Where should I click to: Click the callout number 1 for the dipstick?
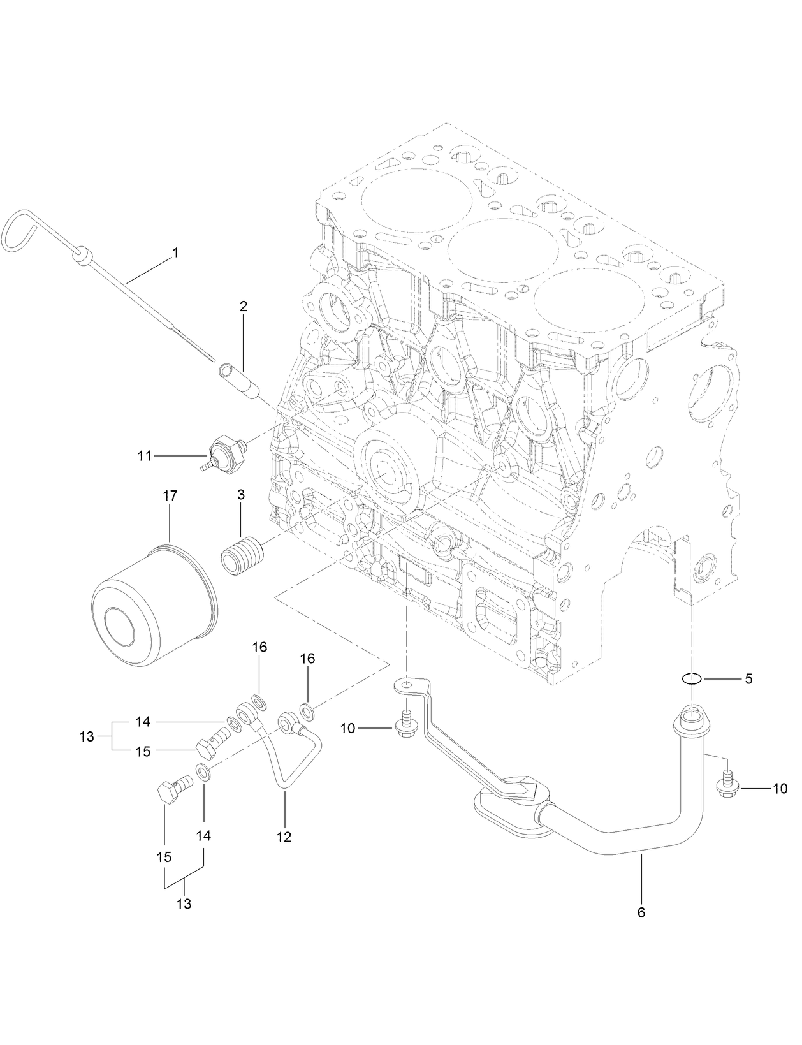pyautogui.click(x=175, y=253)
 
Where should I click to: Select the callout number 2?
pyautogui.click(x=244, y=307)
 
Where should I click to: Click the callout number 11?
pyautogui.click(x=145, y=456)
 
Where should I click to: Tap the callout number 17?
pyautogui.click(x=170, y=495)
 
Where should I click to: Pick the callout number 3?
pyautogui.click(x=241, y=495)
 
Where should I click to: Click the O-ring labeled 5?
pyautogui.click(x=693, y=679)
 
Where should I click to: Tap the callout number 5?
pyautogui.click(x=748, y=679)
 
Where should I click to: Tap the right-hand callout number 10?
pyautogui.click(x=780, y=789)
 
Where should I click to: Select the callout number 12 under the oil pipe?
pyautogui.click(x=284, y=837)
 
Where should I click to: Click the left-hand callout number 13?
pyautogui.click(x=87, y=736)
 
